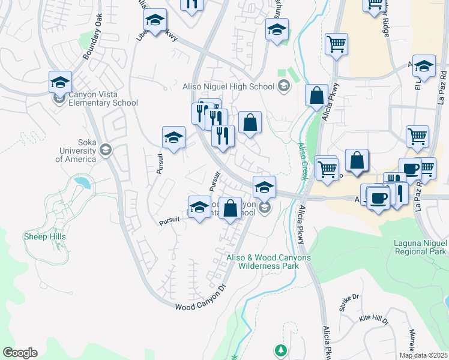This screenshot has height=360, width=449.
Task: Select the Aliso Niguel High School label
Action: (x=228, y=86)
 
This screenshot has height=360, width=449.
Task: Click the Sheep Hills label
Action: (x=44, y=236)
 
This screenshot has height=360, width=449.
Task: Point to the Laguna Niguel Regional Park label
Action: (x=412, y=247)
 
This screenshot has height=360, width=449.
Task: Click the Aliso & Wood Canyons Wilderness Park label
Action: (x=268, y=261)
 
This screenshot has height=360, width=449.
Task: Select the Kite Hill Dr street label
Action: (x=373, y=318)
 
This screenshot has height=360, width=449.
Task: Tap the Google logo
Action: (x=20, y=353)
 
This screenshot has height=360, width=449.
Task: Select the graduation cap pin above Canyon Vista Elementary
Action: (x=60, y=82)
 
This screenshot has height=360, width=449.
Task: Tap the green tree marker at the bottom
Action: (x=280, y=349)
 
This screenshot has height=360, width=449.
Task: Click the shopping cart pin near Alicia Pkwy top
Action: (x=336, y=43)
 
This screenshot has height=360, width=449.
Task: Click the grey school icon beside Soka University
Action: (x=106, y=149)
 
